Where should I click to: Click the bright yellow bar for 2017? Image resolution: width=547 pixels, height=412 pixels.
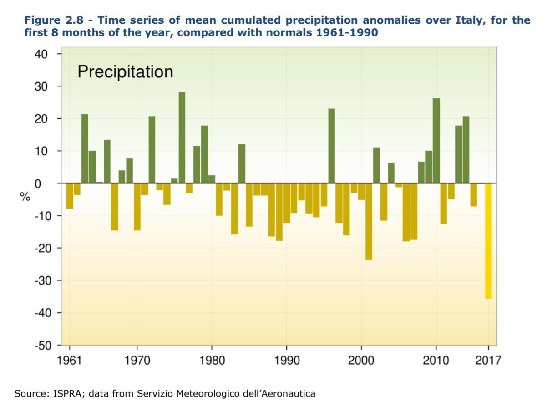[488, 241]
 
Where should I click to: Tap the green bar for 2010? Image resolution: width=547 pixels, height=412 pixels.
[436, 141]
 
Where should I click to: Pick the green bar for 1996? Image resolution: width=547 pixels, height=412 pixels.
[332, 146]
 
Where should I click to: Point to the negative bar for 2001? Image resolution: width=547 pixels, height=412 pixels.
[369, 221]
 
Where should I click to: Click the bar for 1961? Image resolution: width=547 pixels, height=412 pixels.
[70, 196]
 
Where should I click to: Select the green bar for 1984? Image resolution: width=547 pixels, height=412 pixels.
[242, 163]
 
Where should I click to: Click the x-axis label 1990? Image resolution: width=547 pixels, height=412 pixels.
[287, 361]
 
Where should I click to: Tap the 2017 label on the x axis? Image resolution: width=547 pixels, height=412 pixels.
[488, 361]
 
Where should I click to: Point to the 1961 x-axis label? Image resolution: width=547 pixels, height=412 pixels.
[70, 361]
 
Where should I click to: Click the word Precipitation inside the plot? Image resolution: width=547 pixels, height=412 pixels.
[125, 72]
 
